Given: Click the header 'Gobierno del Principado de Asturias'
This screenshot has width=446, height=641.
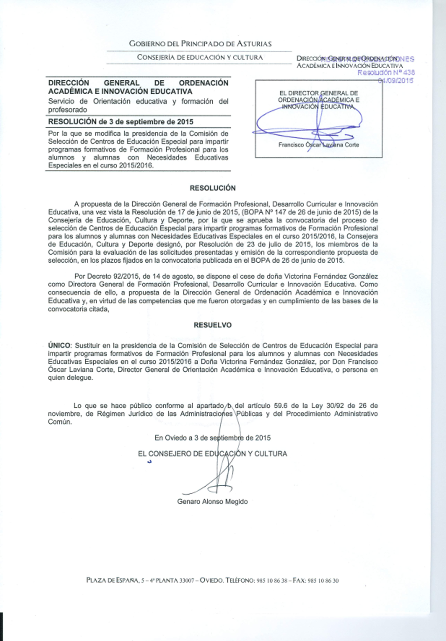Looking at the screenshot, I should coord(200,44).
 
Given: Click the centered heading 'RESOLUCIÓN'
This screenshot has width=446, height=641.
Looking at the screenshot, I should coord(213,188).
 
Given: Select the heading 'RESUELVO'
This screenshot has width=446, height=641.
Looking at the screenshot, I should coord(213,325).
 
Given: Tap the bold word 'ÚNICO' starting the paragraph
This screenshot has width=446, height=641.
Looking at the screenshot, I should coord(59,345).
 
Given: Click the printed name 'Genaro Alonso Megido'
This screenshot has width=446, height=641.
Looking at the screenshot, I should coord(212,501).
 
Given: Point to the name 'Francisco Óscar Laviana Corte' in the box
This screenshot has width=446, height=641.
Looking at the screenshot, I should coord(318,145).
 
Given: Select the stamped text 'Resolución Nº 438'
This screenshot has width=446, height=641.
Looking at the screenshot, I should coord(386,72).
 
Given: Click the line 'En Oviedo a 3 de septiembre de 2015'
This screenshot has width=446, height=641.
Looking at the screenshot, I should coord(212,438).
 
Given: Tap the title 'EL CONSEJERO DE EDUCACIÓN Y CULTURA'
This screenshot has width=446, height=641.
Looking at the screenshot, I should coord(212,454).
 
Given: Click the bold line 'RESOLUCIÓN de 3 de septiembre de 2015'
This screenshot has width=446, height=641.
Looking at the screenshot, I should coord(121,121).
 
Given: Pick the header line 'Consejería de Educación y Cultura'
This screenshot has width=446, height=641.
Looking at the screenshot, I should coord(200,57).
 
